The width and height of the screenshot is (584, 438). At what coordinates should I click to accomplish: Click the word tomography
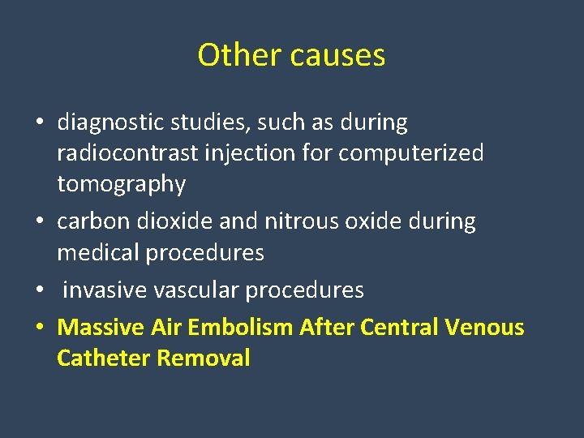pos(121,184)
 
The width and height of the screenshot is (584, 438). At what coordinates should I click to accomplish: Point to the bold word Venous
pos(484,327)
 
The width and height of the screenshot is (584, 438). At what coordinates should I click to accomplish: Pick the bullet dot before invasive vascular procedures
pos(39,290)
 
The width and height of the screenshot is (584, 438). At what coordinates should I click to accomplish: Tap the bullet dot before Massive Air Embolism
pos(39,328)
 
